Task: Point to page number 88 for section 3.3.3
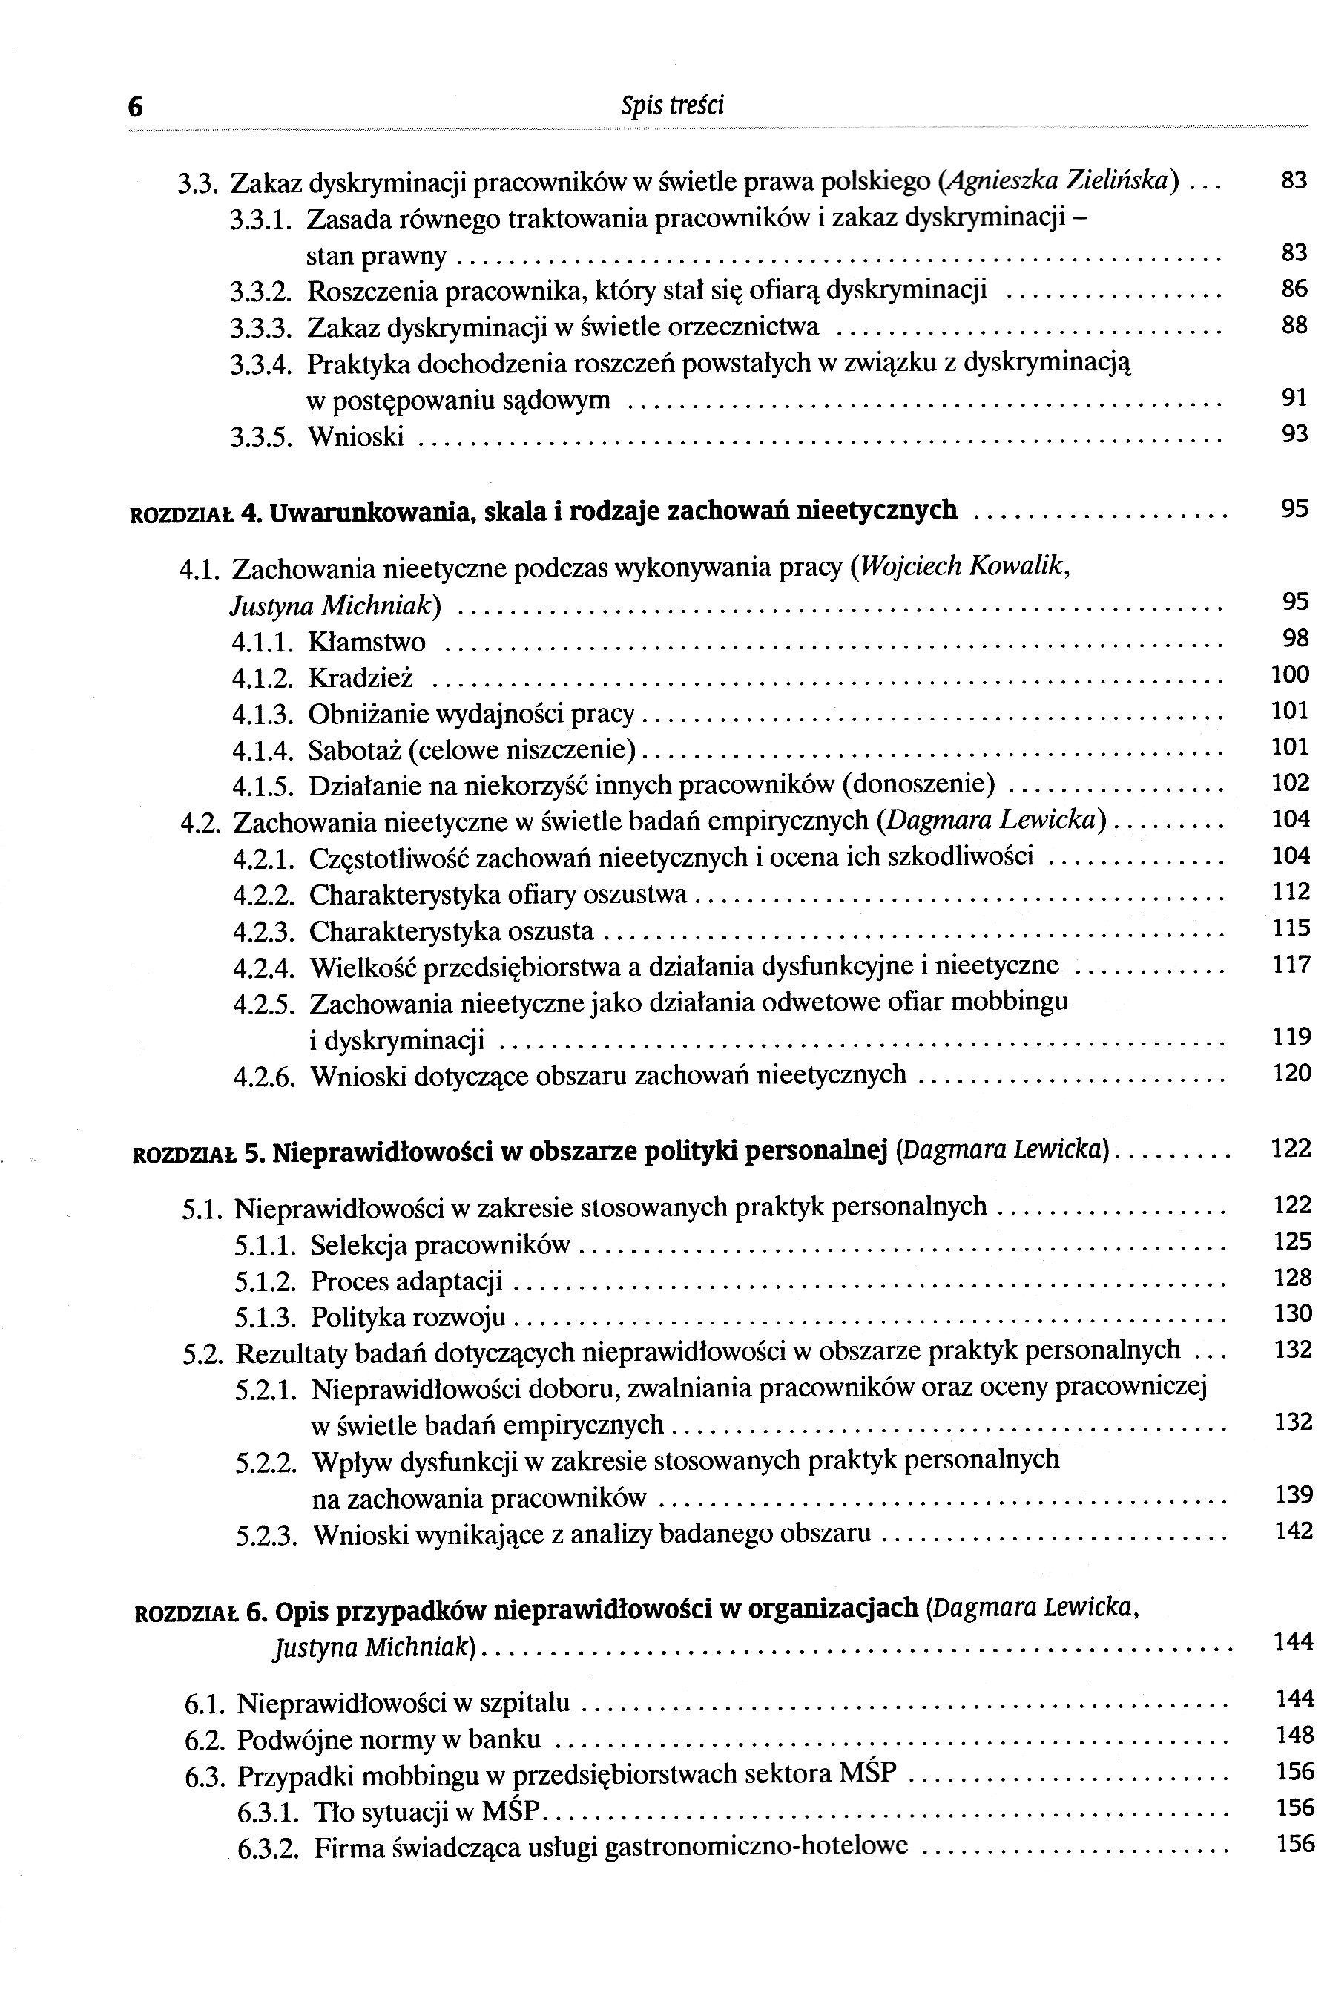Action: [1294, 325]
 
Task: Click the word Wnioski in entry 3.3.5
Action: [355, 438]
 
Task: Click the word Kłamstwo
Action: [366, 643]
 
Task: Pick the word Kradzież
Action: [360, 679]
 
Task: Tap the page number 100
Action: [1290, 674]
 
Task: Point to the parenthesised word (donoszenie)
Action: [918, 787]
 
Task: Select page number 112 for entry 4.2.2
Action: [1291, 892]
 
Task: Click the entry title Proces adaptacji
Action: [406, 1281]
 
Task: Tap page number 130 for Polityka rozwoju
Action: [1292, 1314]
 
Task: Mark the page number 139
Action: [1293, 1495]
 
